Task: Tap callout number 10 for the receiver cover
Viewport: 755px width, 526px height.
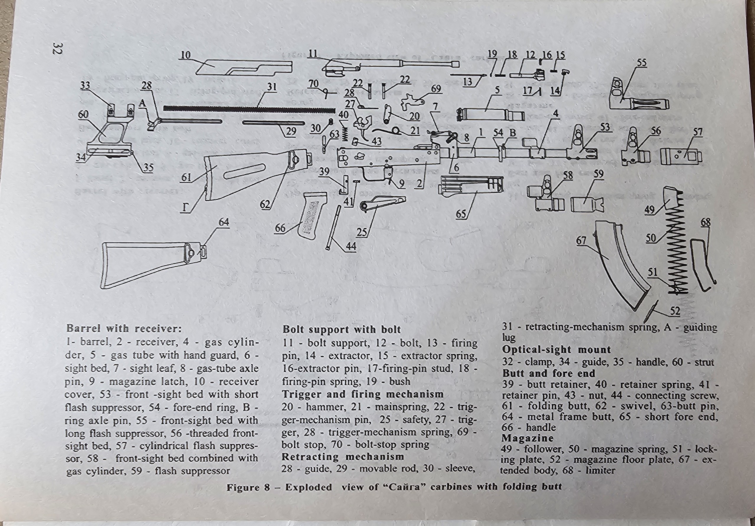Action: (186, 55)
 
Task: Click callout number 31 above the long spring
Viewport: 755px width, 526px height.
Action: (272, 87)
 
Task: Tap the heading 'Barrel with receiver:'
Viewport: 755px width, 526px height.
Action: (124, 328)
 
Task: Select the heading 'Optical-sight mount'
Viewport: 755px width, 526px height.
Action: (556, 350)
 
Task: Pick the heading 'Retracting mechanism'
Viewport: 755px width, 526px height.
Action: (343, 457)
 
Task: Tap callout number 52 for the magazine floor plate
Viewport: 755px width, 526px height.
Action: (675, 311)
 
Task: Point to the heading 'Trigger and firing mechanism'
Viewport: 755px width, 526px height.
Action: (363, 394)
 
